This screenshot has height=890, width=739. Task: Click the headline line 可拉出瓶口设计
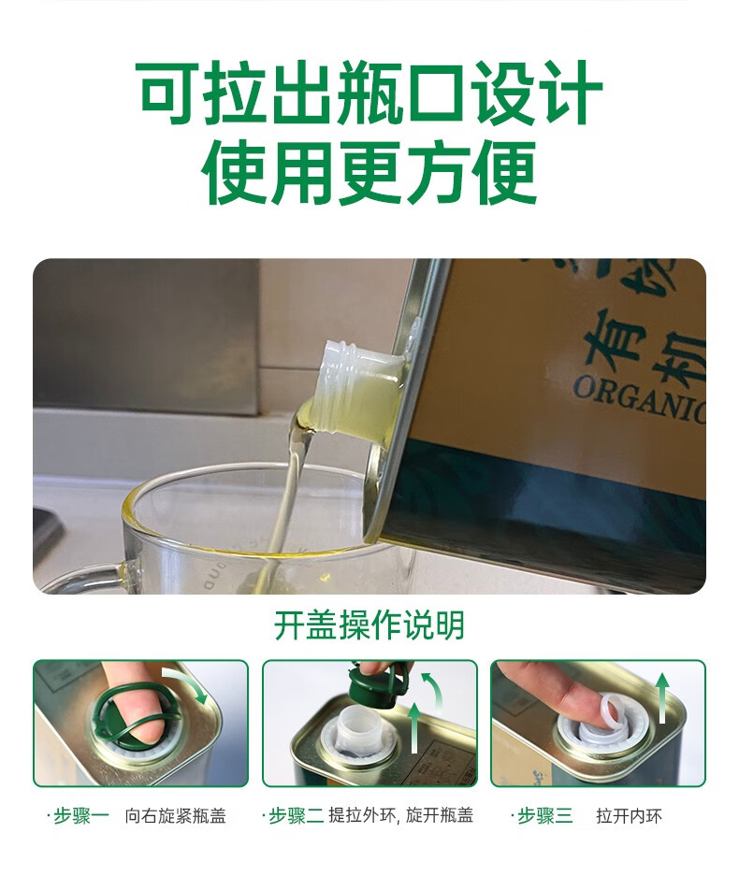[x=369, y=95]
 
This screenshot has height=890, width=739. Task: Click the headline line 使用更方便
[x=369, y=174]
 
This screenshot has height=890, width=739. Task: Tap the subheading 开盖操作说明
[x=369, y=625]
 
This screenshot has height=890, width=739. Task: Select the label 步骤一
[x=82, y=816]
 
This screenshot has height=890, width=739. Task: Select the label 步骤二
[x=296, y=816]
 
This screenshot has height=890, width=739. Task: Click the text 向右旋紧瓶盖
[x=176, y=816]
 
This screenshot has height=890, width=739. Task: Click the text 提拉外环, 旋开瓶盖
[x=400, y=816]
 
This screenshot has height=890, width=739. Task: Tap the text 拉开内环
[x=629, y=816]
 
